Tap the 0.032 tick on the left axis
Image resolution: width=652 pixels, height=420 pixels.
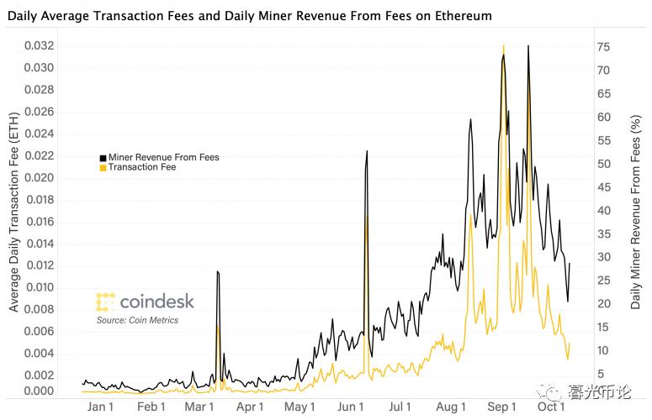(x=52, y=46)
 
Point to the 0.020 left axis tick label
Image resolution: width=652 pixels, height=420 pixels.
(x=52, y=177)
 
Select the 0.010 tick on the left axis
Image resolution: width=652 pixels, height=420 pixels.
(x=52, y=287)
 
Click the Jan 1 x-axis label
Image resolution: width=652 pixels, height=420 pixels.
(x=101, y=407)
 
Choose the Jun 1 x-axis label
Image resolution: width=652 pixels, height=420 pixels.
(x=350, y=407)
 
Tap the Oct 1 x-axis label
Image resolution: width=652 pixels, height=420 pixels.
(x=551, y=407)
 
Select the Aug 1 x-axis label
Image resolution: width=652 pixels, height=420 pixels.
(x=451, y=407)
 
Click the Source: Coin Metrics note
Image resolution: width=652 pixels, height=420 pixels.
(x=137, y=320)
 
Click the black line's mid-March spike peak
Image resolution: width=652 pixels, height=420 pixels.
(x=217, y=271)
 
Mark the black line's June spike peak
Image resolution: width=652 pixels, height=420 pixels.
(x=367, y=150)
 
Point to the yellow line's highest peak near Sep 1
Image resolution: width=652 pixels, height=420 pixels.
(x=503, y=45)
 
